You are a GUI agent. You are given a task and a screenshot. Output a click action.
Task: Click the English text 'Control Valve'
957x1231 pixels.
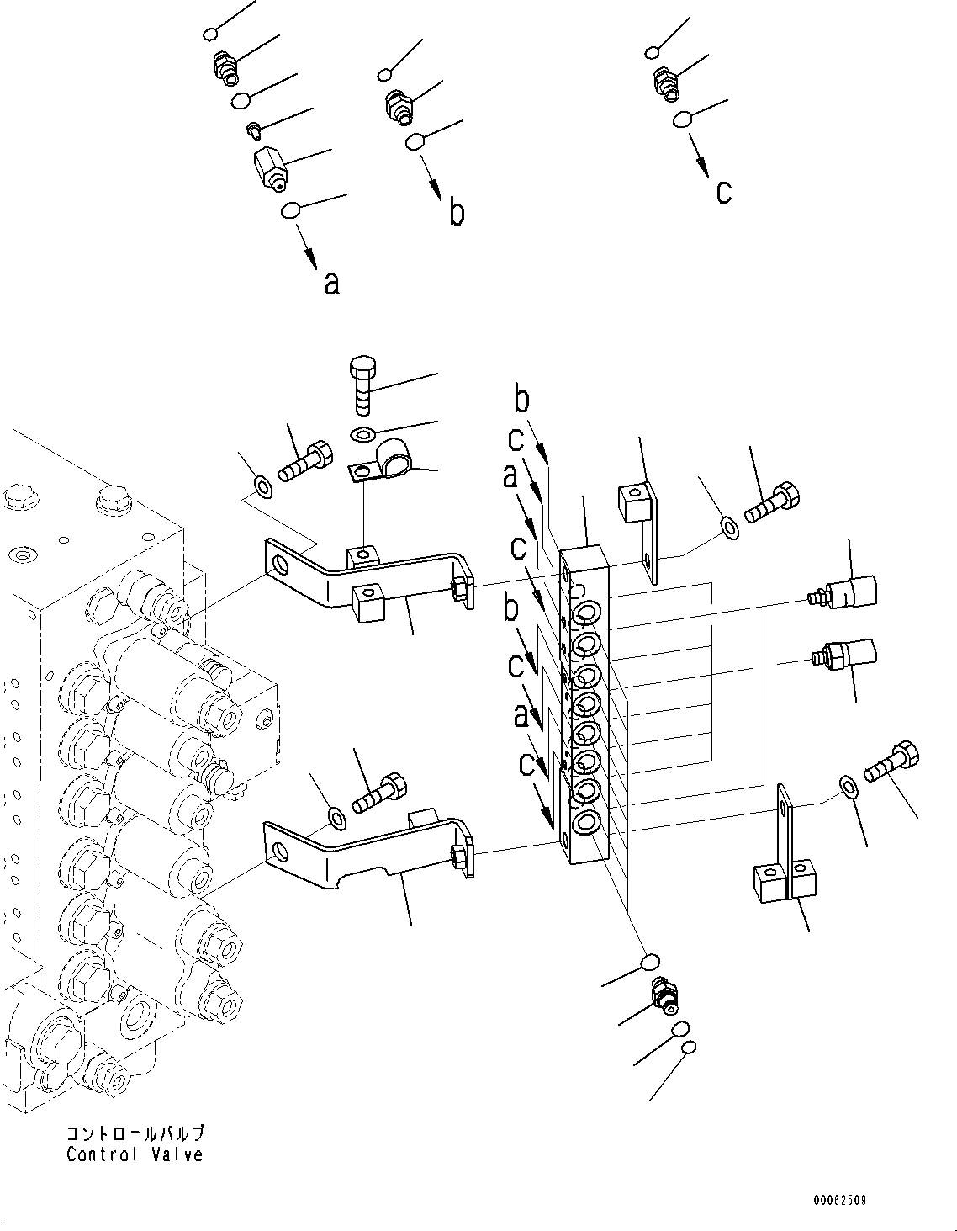point(135,1154)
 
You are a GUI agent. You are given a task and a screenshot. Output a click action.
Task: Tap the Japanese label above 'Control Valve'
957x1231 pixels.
point(135,1134)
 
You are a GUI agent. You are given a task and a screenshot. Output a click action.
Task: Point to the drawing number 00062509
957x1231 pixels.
point(839,1200)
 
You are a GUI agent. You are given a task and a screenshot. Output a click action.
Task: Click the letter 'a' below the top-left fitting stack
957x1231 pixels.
point(332,284)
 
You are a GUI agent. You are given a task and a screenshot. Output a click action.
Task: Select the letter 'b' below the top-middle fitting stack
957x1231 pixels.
point(456,212)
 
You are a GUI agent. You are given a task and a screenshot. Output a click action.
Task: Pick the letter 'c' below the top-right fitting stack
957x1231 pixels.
point(723,192)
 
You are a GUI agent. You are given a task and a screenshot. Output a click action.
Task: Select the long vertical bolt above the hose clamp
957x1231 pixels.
point(362,385)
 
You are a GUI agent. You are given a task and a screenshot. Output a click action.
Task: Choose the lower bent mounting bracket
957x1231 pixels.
point(370,850)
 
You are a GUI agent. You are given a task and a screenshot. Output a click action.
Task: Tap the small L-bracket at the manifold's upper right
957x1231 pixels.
point(642,525)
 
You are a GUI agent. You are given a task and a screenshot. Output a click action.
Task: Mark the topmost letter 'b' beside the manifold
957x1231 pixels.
point(522,401)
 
